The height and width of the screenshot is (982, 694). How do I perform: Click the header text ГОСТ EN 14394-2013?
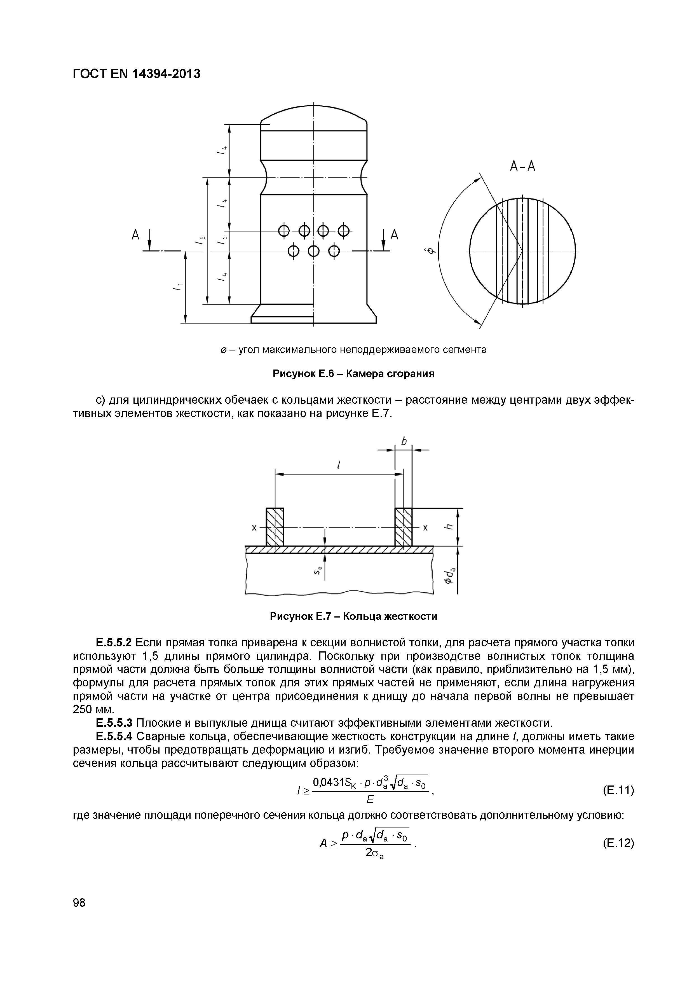coord(136,74)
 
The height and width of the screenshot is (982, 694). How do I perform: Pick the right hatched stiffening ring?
coord(403,527)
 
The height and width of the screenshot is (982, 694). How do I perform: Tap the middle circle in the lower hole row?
coord(314,251)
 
